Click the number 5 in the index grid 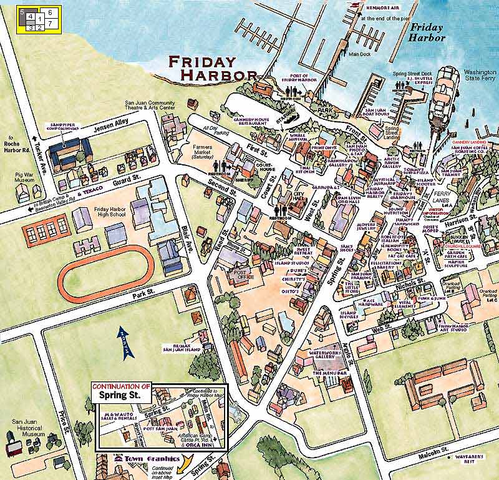click(x=21, y=11)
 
